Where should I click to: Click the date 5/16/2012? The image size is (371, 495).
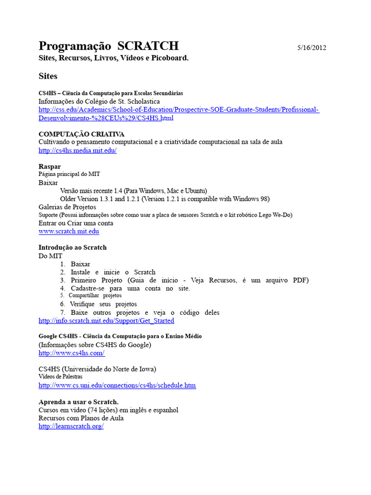click(x=312, y=47)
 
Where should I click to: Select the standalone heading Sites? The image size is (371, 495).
click(x=48, y=76)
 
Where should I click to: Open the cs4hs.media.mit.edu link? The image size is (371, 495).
click(x=77, y=150)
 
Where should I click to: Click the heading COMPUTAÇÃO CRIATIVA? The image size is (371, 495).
click(x=81, y=133)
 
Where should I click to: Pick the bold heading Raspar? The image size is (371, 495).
click(x=49, y=166)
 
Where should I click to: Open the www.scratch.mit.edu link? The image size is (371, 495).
click(x=69, y=232)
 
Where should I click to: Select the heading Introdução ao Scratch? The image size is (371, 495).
click(x=72, y=247)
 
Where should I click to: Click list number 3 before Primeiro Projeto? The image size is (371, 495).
click(x=63, y=280)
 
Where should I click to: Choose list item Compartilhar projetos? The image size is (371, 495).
click(x=95, y=295)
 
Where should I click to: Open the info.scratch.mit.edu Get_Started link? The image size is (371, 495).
click(x=106, y=320)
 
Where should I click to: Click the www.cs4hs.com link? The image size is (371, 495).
click(x=71, y=353)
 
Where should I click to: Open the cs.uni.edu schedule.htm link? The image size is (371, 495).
click(x=117, y=386)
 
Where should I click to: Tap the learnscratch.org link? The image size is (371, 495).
click(x=71, y=427)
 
